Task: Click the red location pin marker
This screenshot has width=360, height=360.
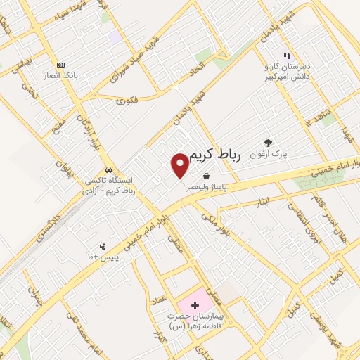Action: [x=180, y=165]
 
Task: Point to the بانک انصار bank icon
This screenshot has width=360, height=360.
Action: [x=60, y=63]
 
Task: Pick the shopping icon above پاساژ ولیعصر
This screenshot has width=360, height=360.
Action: [x=205, y=176]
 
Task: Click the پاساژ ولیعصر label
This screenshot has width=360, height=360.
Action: [x=202, y=188]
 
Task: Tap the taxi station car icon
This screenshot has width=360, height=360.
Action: [x=108, y=170]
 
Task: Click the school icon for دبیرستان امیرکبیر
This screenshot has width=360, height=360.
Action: [x=287, y=55]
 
